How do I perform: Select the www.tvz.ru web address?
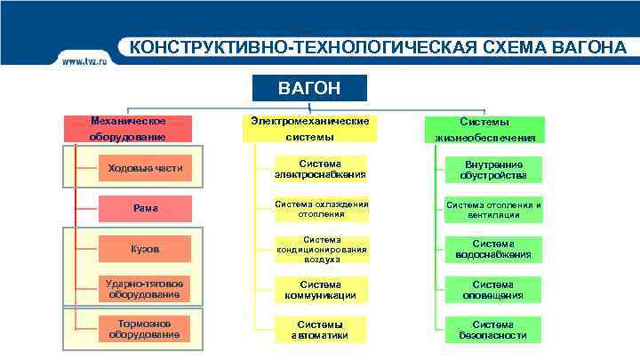coord(84,60)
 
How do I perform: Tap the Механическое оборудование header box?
coord(128,128)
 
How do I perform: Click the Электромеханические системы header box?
coord(309,128)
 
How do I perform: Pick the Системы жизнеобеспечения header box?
coord(484,129)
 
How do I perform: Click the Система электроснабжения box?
coord(320,169)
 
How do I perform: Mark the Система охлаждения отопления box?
coord(320,209)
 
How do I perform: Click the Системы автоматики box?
coord(320,330)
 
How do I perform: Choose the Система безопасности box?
coord(493,330)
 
